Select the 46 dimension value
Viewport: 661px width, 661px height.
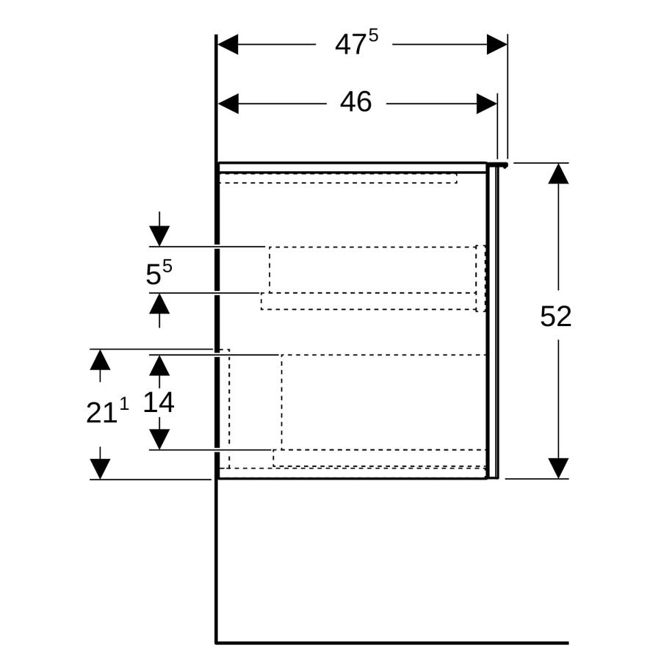click(x=355, y=102)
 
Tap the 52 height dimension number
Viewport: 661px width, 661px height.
click(x=556, y=316)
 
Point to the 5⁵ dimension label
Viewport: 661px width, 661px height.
click(x=159, y=272)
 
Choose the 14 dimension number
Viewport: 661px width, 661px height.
click(x=159, y=402)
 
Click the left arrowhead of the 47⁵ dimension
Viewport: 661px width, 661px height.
click(x=228, y=44)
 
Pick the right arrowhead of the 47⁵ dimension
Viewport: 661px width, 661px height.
click(x=497, y=44)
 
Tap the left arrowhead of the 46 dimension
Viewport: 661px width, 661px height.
click(x=228, y=104)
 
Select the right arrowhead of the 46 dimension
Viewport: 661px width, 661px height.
click(x=487, y=104)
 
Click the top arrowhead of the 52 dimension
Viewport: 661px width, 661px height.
click(x=559, y=173)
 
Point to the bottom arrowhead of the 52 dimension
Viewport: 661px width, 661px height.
click(x=559, y=469)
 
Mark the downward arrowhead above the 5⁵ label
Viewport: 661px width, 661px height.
click(x=159, y=236)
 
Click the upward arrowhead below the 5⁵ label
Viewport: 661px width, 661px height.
click(x=159, y=303)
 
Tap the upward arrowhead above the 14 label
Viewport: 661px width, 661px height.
click(x=159, y=366)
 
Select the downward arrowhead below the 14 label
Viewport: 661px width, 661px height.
click(x=159, y=439)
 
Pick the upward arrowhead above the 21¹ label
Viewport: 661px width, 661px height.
click(x=101, y=360)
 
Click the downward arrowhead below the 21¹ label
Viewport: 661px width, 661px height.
click(x=101, y=469)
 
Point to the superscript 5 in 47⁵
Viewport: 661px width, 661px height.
click(x=374, y=36)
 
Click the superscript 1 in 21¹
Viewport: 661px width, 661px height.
click(x=124, y=404)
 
